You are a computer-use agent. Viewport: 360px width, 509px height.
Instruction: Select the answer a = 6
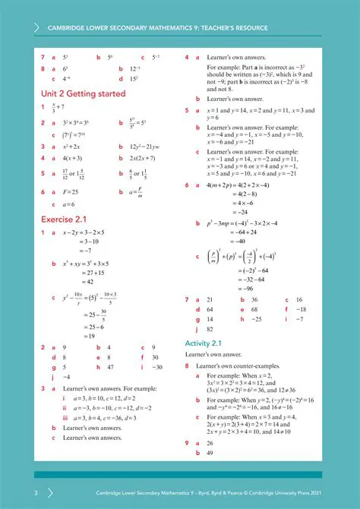(69, 204)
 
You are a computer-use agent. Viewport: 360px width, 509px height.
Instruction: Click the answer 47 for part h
(110, 366)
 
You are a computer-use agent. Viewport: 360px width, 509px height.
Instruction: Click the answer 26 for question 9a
(210, 443)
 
